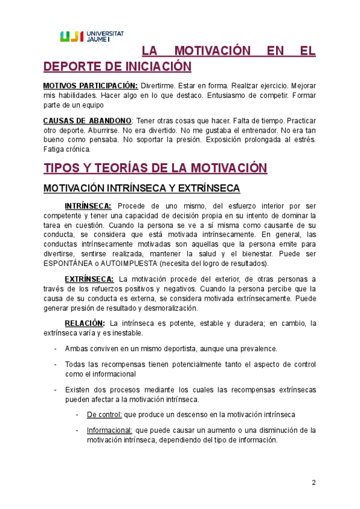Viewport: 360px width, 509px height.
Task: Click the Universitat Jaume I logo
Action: tap(92, 36)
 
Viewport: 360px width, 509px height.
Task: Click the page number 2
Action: tap(313, 483)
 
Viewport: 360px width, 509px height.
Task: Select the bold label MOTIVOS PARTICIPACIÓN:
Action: tap(91, 86)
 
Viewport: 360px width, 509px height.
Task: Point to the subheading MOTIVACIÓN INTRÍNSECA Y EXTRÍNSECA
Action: tap(141, 188)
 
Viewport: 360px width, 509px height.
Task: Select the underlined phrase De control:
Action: tap(104, 415)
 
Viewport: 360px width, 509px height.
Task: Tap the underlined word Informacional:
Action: tap(110, 430)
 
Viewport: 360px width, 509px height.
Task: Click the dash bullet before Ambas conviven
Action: tap(56, 349)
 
